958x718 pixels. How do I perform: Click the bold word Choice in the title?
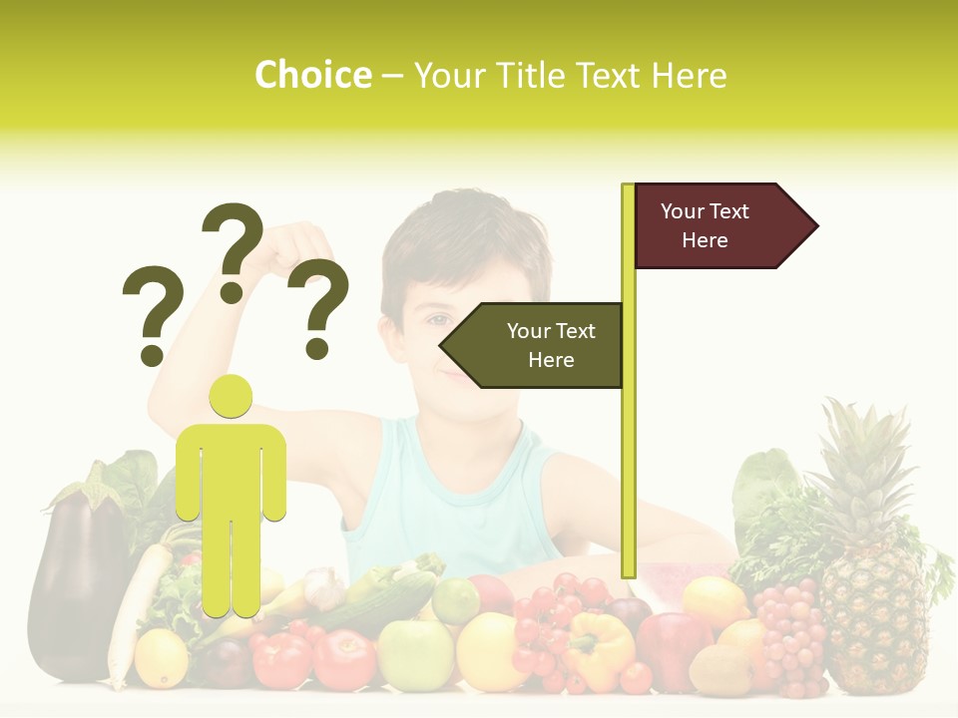312,76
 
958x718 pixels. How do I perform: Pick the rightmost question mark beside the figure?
318,309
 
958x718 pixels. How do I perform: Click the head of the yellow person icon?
231,397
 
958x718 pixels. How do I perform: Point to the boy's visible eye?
437,320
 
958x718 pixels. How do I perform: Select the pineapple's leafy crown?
863,459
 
